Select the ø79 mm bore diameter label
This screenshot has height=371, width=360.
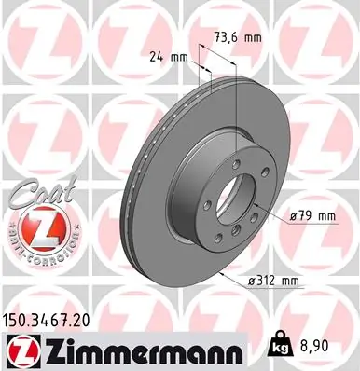312,217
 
